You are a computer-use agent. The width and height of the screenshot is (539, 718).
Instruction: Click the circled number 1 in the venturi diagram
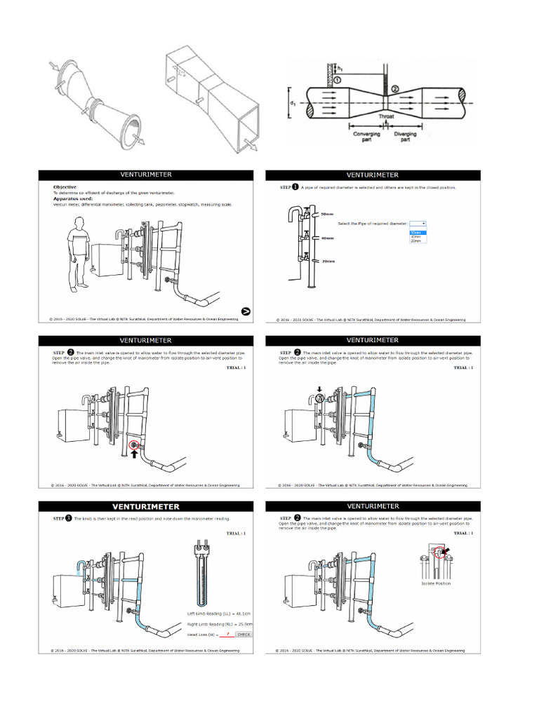pos(337,80)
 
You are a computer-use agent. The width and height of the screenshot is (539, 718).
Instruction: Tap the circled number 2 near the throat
pos(394,88)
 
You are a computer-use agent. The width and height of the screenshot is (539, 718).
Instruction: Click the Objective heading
pos(65,187)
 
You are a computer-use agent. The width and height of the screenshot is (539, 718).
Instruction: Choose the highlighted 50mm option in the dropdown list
pos(416,232)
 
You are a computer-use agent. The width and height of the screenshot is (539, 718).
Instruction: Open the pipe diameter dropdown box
pos(418,223)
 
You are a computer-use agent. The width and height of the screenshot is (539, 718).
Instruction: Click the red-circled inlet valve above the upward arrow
pos(134,444)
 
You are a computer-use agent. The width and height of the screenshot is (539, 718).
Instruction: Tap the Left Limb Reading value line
pos(220,611)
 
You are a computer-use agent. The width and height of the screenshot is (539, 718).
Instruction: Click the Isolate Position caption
pos(436,583)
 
